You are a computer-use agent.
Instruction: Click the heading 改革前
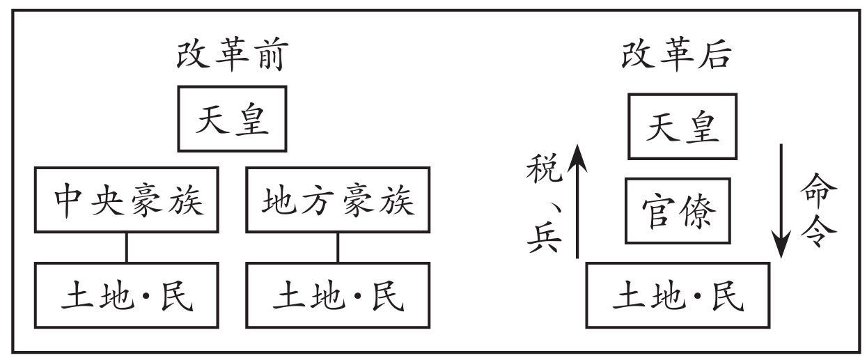point(231,58)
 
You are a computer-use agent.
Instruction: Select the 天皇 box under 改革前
point(231,118)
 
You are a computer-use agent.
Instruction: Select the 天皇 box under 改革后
point(682,127)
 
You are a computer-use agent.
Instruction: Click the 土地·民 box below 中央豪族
point(127,295)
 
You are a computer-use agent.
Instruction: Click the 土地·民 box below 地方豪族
point(338,295)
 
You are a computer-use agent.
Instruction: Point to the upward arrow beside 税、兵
point(577,199)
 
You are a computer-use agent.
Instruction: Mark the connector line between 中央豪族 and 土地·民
point(127,247)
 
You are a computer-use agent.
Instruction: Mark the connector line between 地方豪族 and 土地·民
point(338,247)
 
